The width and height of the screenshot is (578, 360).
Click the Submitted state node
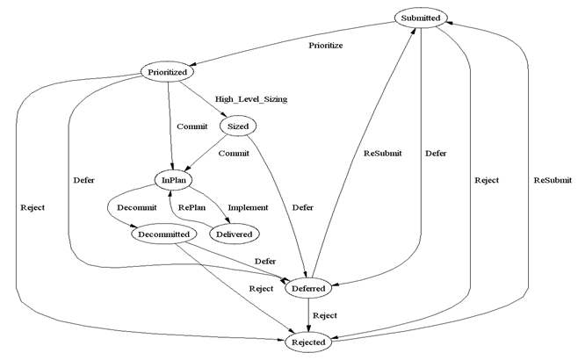coord(421,18)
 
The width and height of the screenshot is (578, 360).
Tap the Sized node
coord(237,126)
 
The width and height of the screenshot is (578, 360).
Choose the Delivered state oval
coord(235,234)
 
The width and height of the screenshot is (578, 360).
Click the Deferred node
coord(307,288)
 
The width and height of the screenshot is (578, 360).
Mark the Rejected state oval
coord(307,342)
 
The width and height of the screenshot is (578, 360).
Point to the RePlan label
coord(198,208)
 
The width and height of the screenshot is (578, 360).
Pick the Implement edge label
coord(248,208)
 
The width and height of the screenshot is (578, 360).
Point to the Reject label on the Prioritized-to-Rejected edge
coord(31,208)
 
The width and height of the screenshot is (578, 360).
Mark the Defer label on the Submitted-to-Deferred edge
coord(435,154)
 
